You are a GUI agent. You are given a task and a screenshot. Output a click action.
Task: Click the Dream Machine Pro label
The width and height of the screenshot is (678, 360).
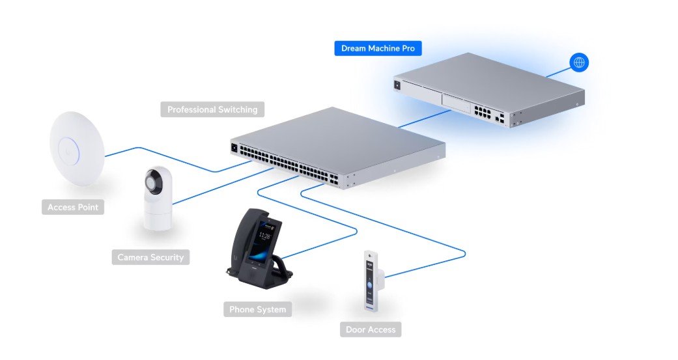pos(378,48)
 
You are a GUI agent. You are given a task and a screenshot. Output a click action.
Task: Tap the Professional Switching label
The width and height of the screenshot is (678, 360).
pos(212,109)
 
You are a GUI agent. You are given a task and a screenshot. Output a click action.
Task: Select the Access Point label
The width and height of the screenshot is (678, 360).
pos(73,208)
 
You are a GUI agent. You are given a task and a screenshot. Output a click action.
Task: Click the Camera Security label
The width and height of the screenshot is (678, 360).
pos(150,257)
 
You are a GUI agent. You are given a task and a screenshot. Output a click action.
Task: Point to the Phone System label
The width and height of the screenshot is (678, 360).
pos(257,309)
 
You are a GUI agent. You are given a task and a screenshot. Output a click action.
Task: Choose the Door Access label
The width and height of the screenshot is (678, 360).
pos(370,329)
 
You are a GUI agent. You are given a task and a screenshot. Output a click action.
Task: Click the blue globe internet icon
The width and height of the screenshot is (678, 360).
pos(578,62)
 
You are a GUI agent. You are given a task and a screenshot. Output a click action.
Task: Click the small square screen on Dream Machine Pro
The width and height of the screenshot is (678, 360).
pos(397,84)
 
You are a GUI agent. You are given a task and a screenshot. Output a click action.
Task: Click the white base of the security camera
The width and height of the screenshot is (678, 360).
pos(157,217)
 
